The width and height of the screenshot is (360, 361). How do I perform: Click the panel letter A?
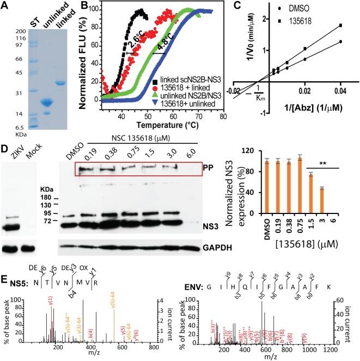pyautogui.click(x=5, y=6)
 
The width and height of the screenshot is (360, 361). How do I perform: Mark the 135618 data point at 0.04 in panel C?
pyautogui.click(x=340, y=25)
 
